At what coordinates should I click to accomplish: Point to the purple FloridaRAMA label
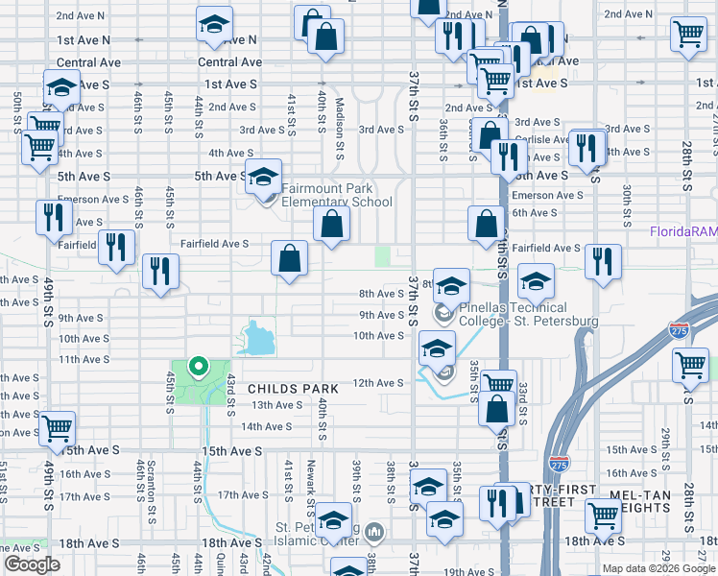pyautogui.click(x=683, y=231)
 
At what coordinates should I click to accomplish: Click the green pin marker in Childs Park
pyautogui.click(x=198, y=366)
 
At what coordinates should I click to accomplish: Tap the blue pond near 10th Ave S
pyautogui.click(x=257, y=338)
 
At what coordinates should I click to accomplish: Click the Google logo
pyautogui.click(x=32, y=564)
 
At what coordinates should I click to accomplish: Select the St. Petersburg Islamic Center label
pyautogui.click(x=317, y=534)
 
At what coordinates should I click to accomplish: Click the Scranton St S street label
pyautogui.click(x=152, y=498)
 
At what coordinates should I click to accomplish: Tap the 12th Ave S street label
pyautogui.click(x=378, y=383)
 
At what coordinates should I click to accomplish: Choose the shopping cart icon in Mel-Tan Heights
pyautogui.click(x=602, y=516)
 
